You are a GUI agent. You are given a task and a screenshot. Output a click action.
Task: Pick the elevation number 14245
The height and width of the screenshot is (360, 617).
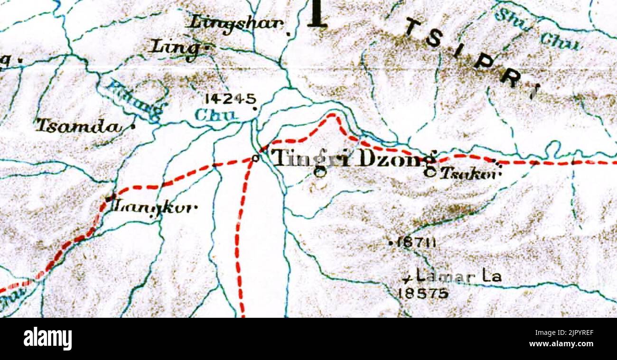(x=230, y=99)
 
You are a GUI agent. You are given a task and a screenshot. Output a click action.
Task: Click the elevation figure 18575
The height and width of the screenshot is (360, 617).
(x=423, y=294)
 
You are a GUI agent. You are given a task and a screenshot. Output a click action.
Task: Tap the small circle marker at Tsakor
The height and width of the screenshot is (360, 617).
(x=430, y=173)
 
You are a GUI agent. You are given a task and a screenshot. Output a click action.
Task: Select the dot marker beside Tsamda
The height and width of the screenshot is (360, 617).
(x=133, y=127)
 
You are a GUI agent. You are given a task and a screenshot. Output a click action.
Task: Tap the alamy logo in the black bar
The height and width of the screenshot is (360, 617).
(x=47, y=339)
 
